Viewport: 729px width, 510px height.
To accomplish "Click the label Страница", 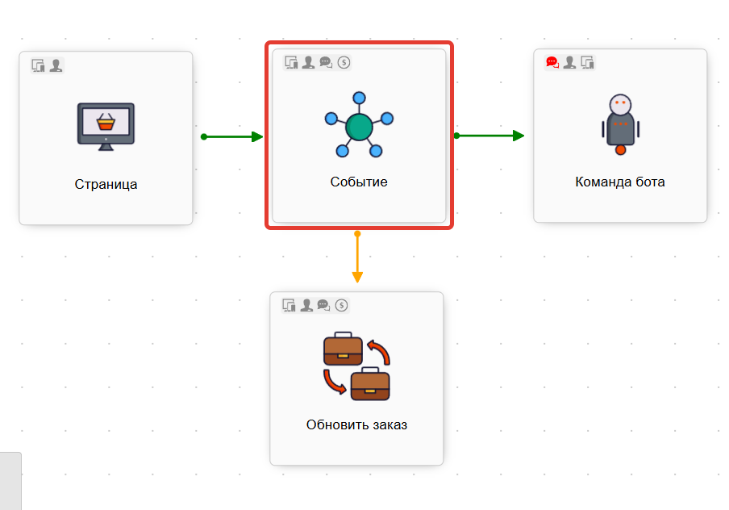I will (106, 184).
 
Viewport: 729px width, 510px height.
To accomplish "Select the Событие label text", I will (359, 182).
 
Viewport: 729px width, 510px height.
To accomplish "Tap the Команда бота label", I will (619, 182).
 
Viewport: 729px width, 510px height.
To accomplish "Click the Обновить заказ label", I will (356, 424).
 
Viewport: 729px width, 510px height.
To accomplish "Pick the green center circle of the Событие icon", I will (359, 127).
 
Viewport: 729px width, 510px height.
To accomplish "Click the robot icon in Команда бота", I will (620, 121).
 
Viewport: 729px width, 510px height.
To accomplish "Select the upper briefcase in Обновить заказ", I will (343, 348).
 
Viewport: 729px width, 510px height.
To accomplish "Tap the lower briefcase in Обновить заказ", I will (370, 383).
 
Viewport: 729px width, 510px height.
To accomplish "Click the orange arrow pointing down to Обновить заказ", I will (357, 258).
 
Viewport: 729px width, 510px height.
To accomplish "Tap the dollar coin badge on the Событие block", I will (344, 62).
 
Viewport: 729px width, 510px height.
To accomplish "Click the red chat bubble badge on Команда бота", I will (552, 62).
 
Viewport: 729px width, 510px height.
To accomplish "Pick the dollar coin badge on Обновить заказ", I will (342, 305).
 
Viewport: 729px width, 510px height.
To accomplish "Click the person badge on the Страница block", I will (56, 65).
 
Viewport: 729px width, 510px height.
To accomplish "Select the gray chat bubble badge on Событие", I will (326, 62).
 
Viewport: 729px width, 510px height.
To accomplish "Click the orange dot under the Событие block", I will (357, 234).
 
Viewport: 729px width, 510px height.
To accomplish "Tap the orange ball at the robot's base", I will (620, 149).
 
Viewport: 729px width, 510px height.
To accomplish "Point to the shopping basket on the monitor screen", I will (105, 122).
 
